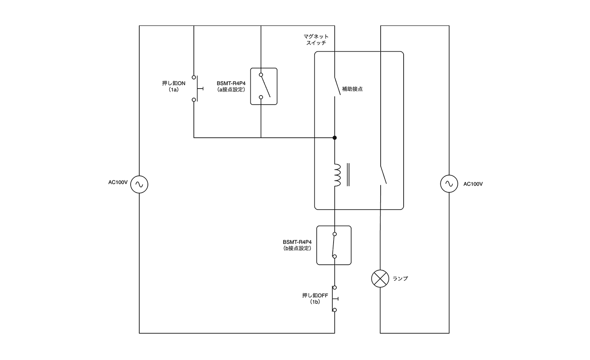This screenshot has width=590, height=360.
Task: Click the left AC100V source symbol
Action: point(139,185)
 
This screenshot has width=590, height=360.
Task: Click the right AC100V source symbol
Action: point(449,184)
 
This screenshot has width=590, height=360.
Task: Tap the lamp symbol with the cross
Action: point(380,279)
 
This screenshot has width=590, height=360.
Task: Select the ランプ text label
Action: point(400,279)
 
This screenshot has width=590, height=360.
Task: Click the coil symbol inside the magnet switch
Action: point(337,175)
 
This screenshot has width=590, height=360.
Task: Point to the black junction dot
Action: point(335,138)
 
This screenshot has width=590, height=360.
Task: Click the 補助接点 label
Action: point(352,89)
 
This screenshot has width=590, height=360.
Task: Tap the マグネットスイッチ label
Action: point(316,40)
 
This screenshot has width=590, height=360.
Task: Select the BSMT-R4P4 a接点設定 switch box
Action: point(264,87)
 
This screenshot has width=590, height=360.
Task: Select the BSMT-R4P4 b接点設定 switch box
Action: point(334,245)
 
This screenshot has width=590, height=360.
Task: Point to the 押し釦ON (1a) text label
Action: point(174,86)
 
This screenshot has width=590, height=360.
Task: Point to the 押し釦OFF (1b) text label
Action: point(315,298)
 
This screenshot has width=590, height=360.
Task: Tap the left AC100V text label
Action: point(118,182)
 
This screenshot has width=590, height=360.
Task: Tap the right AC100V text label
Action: point(473,184)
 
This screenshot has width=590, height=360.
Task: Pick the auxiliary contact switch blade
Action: point(337,86)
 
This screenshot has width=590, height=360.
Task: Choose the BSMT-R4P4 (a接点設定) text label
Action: point(231,86)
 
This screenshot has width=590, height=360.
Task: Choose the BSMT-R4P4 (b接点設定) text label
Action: point(297,245)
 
